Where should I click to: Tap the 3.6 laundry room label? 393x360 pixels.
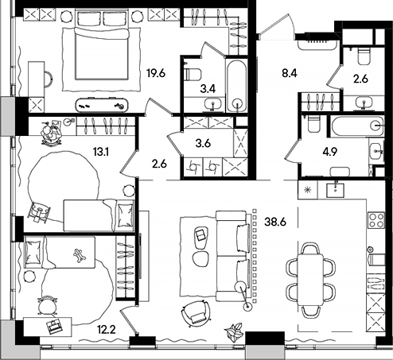point(204,144)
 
